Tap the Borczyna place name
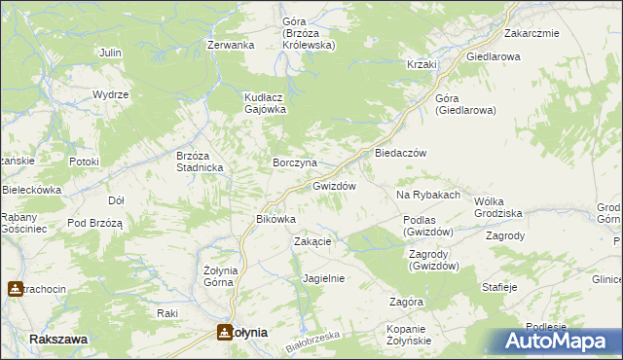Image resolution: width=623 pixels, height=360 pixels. pyautogui.click(x=294, y=162)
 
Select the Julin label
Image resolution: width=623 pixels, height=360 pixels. pyautogui.click(x=110, y=52)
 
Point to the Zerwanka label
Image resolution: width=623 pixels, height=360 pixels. pyautogui.click(x=231, y=45)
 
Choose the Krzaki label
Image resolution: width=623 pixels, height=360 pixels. pyautogui.click(x=422, y=64)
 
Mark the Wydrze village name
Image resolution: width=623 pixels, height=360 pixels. pyautogui.click(x=111, y=94)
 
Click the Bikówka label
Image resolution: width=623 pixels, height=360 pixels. pyautogui.click(x=275, y=219)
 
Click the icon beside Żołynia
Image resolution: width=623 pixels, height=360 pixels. pyautogui.click(x=225, y=332)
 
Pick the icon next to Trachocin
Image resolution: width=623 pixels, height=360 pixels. pyautogui.click(x=15, y=289)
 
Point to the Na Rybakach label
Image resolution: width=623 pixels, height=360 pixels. pyautogui.click(x=427, y=195)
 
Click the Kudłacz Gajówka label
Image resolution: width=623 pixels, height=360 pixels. pyautogui.click(x=264, y=103)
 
